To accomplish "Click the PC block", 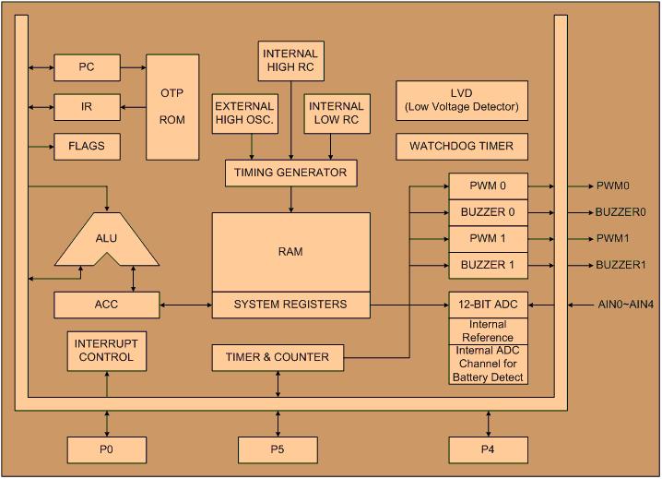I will [87, 67].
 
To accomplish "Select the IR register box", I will [87, 106].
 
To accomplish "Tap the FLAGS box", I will [87, 146].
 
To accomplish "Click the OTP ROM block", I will [172, 107].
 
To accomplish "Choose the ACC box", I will [107, 304].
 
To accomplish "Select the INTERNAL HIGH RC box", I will [290, 61].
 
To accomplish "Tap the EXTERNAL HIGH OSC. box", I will [244, 114].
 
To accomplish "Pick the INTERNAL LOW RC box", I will [336, 114].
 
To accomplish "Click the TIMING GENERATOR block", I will [290, 172].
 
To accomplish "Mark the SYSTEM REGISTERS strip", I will [290, 305].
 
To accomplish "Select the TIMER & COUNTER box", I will [277, 356].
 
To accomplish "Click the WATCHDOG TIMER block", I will [462, 147].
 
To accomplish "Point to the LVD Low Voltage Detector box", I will [462, 100].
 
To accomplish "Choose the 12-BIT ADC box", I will [489, 305].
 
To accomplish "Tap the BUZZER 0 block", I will [489, 212].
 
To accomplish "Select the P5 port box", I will [278, 449].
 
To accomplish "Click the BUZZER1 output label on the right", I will [621, 266].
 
